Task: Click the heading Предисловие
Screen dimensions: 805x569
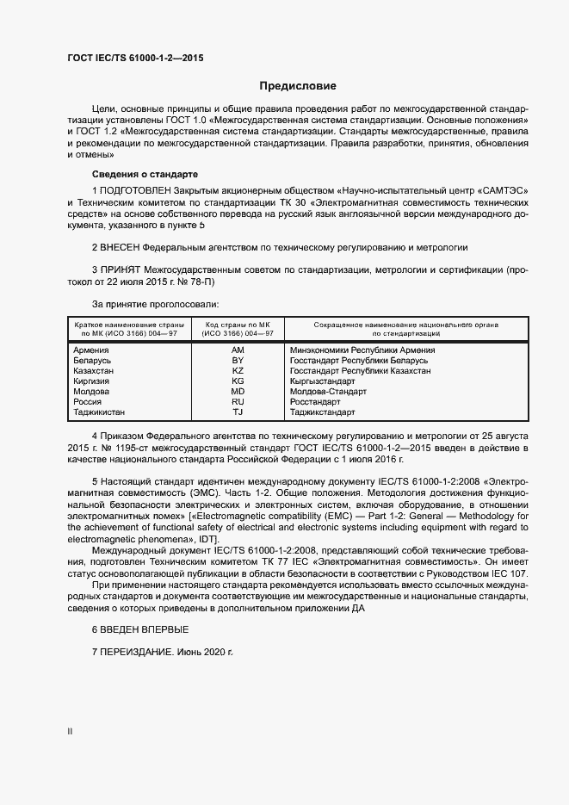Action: [x=299, y=86]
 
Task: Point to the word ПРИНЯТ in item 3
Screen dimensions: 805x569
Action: [x=121, y=269]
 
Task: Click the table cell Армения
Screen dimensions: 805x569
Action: [x=91, y=350]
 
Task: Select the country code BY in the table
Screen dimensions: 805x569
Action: [x=238, y=361]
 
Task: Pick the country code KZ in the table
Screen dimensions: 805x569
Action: [x=238, y=371]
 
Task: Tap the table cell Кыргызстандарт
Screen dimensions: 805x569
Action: [x=324, y=381]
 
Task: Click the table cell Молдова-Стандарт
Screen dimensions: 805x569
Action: [x=329, y=392]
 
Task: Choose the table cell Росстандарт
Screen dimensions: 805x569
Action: [x=316, y=402]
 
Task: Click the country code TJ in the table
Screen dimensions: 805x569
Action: [x=238, y=412]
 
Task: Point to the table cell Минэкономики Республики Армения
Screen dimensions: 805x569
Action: [x=362, y=350]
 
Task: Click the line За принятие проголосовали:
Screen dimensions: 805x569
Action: [x=155, y=304]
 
